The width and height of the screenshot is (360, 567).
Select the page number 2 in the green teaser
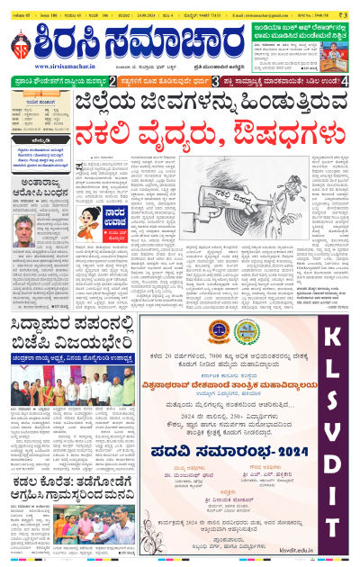[x=112, y=81]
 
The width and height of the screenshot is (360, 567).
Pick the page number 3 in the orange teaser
[x=215, y=81]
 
